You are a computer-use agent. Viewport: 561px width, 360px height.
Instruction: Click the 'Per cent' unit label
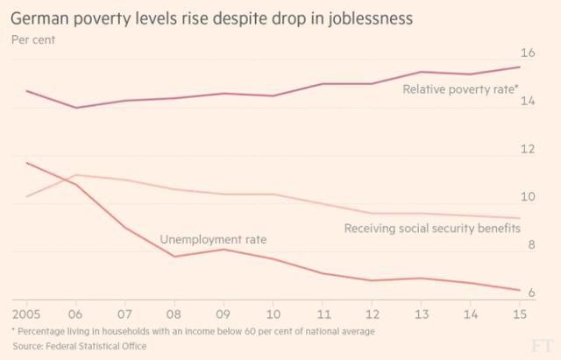click(32, 39)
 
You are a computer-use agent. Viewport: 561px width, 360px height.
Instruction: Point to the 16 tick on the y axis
click(528, 52)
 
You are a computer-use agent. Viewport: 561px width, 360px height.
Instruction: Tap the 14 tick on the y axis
click(528, 101)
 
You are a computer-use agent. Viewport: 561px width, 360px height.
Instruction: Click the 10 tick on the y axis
click(528, 198)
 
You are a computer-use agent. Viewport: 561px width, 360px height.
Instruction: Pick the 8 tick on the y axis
click(529, 246)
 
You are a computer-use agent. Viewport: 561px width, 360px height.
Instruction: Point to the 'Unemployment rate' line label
click(213, 239)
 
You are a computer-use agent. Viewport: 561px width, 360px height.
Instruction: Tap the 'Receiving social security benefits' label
click(432, 229)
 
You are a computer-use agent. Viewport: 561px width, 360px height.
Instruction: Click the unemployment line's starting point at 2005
click(26, 163)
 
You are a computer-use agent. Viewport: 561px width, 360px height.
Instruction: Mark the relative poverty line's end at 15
click(520, 67)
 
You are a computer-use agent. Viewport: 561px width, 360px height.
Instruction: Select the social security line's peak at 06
click(76, 175)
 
